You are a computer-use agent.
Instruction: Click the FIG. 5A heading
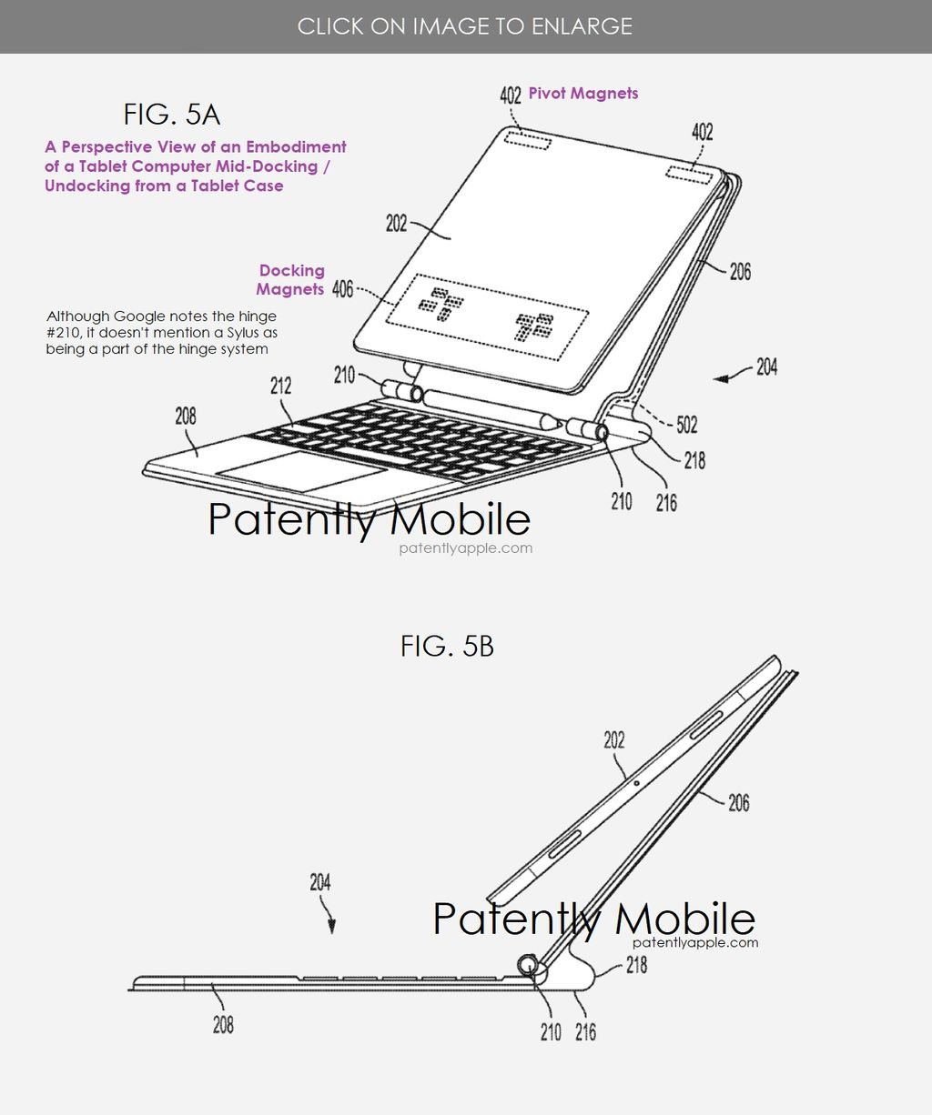point(171,115)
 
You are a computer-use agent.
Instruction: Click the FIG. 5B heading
point(447,646)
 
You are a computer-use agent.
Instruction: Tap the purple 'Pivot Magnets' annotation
point(583,94)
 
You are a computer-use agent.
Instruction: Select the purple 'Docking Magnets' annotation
point(290,280)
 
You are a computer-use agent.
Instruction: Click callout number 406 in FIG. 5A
point(342,290)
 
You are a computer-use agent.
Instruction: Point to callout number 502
point(686,425)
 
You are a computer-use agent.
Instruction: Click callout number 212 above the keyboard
point(280,386)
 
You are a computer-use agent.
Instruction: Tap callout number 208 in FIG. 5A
point(186,416)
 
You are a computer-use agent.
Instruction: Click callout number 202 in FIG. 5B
point(614,740)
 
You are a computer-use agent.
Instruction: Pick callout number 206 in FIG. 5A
point(740,271)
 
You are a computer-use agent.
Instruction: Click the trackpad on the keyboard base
point(302,470)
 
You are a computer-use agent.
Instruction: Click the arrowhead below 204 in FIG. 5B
point(332,927)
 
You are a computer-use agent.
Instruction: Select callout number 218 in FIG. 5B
point(636,965)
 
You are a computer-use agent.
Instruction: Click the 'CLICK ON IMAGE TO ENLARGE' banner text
point(465,26)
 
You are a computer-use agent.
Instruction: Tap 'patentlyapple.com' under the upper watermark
point(465,547)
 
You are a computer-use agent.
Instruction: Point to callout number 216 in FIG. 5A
point(666,503)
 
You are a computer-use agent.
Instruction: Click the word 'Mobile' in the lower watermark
point(685,918)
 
